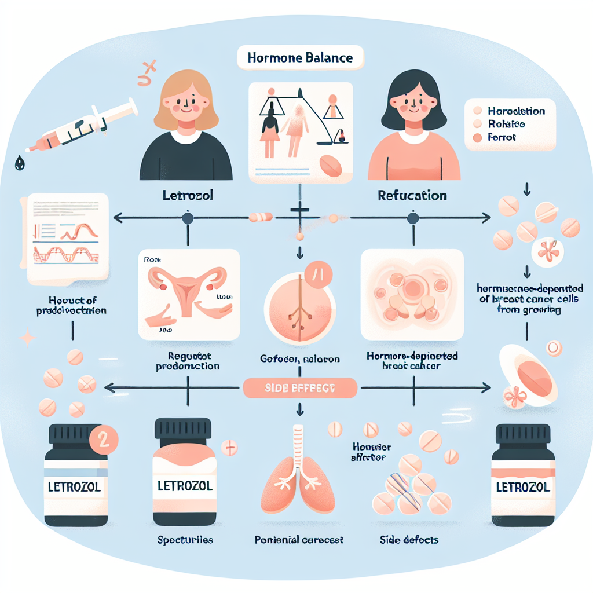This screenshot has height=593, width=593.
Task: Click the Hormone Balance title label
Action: (299, 58)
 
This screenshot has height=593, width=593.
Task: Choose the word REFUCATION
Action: (412, 196)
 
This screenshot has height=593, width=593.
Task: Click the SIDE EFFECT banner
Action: (299, 388)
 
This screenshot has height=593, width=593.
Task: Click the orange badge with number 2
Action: (104, 438)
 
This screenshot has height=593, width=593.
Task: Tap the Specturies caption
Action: (185, 540)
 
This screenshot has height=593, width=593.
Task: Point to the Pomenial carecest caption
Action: (299, 540)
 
